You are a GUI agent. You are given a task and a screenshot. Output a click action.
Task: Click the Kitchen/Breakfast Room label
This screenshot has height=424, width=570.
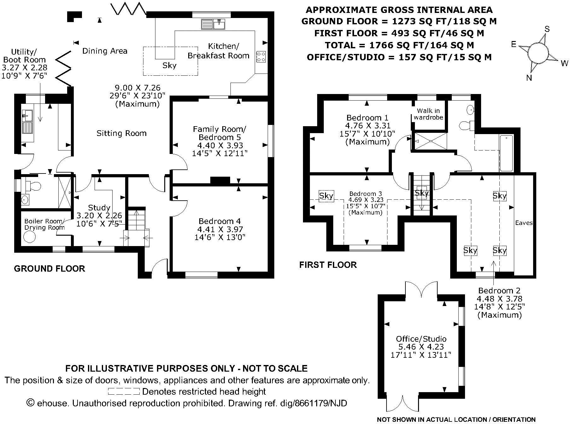tap(219, 51)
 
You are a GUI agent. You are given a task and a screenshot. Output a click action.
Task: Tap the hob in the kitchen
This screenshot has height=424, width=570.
tap(261, 56)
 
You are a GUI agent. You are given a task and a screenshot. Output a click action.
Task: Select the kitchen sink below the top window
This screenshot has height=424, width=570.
tap(213, 24)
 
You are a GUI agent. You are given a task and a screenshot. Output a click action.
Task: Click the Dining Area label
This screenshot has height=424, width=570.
tap(105, 51)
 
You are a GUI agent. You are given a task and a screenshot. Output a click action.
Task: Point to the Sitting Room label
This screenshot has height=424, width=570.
tap(121, 133)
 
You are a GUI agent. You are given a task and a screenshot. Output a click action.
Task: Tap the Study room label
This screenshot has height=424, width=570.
tap(99, 208)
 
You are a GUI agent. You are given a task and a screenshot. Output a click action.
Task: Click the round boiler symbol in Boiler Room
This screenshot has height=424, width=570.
tap(30, 237)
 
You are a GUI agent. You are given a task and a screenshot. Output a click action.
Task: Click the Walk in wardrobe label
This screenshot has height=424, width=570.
tap(428, 114)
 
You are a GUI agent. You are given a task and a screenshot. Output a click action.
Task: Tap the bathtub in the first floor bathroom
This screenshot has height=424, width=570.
tap(506, 153)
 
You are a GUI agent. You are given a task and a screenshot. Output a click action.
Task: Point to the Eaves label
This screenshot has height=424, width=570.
tap(524, 223)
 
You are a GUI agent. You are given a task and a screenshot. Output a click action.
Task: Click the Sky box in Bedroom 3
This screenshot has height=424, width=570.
tap(326, 196)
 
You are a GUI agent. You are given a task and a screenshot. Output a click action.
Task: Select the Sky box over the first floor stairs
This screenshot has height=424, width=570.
tap(422, 193)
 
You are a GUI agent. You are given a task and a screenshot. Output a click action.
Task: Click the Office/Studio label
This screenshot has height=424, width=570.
tap(421, 339)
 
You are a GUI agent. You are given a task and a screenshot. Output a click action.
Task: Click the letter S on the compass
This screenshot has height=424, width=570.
tap(547, 29)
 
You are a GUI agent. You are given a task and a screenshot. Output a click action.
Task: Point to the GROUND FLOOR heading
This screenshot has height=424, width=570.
tap(49, 269)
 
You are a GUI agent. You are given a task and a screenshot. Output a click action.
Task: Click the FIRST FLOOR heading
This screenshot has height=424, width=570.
tap(328, 265)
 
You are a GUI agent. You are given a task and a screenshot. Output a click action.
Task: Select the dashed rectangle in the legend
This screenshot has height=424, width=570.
tap(124, 392)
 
